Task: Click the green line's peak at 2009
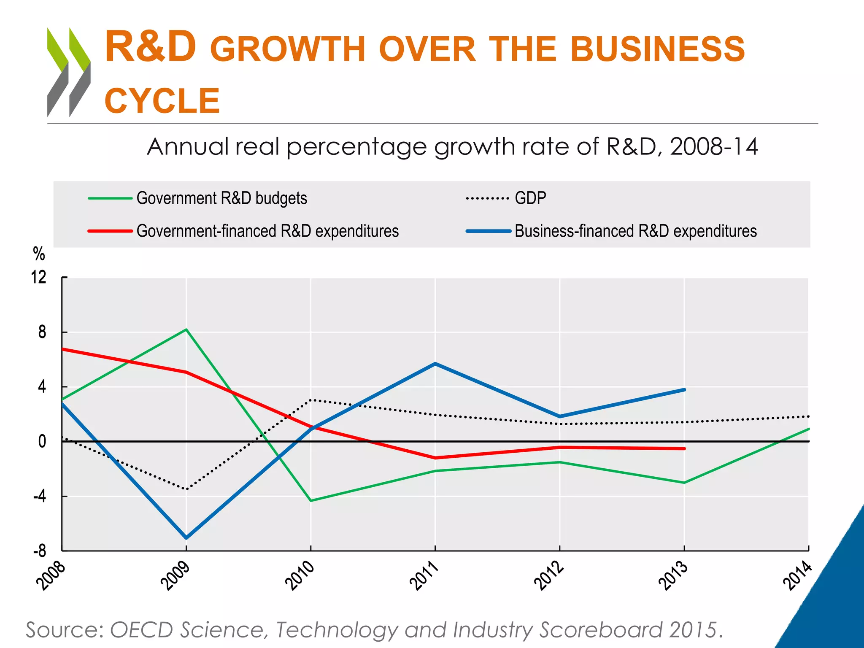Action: pos(186,329)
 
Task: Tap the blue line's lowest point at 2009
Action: pos(186,538)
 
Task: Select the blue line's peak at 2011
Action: pos(435,364)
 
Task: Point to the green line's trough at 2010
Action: pos(311,501)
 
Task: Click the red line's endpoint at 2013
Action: pos(684,448)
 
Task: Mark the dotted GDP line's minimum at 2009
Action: pos(186,489)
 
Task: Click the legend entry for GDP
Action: pos(530,198)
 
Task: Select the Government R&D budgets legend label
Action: pos(221,198)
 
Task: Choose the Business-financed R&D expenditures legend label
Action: pos(635,231)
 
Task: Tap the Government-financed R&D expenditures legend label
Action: pos(267,231)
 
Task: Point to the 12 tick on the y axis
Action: pos(38,278)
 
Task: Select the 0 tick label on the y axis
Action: pos(42,442)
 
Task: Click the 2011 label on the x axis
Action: pos(424,575)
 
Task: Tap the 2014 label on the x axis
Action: pos(797,575)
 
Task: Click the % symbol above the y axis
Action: pos(39,254)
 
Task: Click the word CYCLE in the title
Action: pos(162,101)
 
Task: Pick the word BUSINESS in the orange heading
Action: pos(657,49)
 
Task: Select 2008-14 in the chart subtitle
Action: pos(713,147)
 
